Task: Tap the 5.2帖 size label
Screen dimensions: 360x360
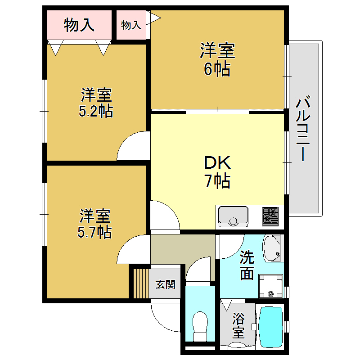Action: [x=96, y=111]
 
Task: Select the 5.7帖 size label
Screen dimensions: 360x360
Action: [x=95, y=232]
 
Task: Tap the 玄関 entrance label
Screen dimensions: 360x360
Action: [x=165, y=284]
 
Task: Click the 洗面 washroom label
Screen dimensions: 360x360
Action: [x=247, y=265]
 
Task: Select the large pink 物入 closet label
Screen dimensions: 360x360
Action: [x=79, y=25]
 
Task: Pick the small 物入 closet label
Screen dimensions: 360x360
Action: [x=131, y=25]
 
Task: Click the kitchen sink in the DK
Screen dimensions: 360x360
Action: [x=233, y=216]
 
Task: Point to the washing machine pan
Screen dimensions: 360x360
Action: [x=270, y=287]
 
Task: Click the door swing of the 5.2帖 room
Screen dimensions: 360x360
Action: [x=133, y=146]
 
